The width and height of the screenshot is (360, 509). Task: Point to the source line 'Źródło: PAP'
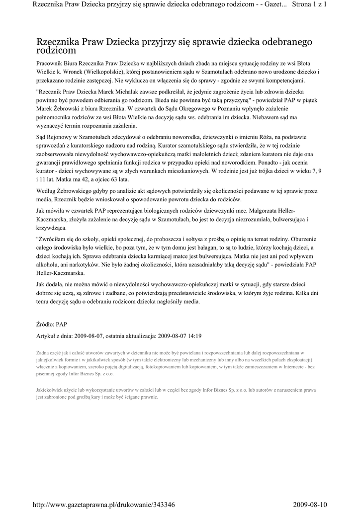pyautogui.click(x=52, y=324)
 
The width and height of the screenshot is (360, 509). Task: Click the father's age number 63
pyautogui.click(x=119, y=179)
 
